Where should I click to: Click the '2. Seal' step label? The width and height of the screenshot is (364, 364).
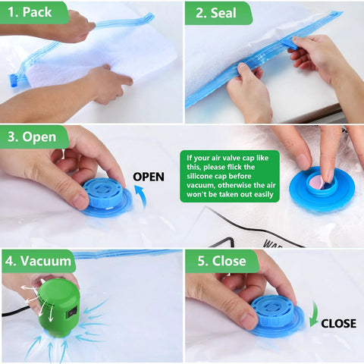coord(217,12)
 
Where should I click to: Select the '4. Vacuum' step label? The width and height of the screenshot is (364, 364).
coord(38,262)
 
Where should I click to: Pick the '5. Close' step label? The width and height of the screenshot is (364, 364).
coord(221,262)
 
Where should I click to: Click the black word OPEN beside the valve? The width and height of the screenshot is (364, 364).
coord(149,177)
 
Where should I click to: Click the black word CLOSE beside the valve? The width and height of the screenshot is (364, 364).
coord(337,323)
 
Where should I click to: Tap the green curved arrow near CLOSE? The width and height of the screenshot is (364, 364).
coord(313,312)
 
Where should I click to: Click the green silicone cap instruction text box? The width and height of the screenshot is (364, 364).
coord(229,176)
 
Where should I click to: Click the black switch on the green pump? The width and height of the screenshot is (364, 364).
coord(71,311)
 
